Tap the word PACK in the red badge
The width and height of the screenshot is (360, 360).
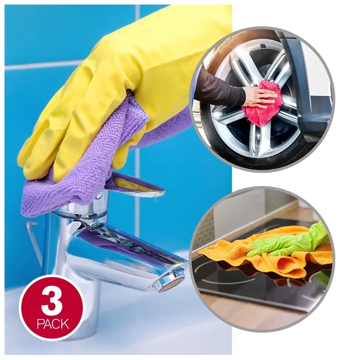coord(53,324)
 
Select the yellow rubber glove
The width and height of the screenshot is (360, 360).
coord(115,87)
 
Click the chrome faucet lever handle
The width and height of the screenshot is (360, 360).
coord(138,186)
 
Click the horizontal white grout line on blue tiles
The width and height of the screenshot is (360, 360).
coord(44,66)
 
